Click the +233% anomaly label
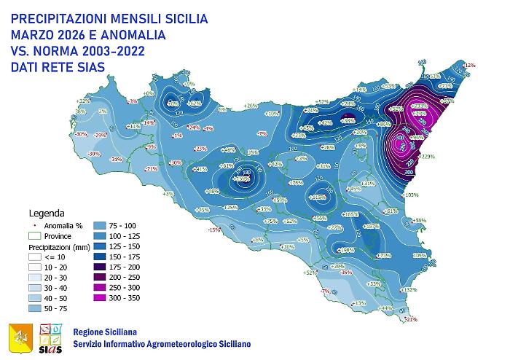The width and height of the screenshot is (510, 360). pos(419,106)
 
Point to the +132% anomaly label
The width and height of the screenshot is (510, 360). pos(409,289)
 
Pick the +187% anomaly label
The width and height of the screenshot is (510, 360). pos(372,227)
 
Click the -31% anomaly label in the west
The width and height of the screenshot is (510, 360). pos(115,159)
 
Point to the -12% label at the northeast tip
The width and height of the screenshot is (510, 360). pos(469,66)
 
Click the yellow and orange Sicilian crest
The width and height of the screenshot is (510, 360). pos(20,337)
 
